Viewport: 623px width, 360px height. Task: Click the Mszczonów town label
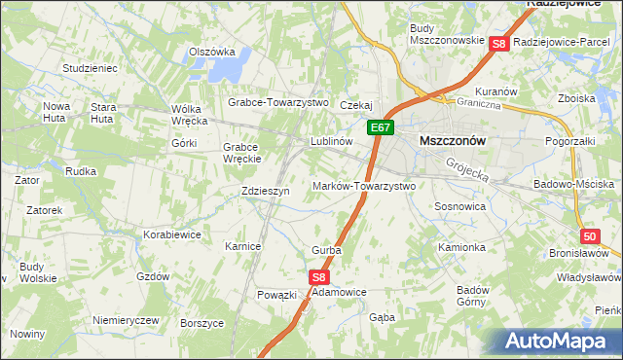[x=452, y=140]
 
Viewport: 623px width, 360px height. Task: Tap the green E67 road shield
[x=381, y=127]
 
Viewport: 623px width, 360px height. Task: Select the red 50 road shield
[x=590, y=236]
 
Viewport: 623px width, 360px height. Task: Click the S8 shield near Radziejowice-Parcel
[x=499, y=44]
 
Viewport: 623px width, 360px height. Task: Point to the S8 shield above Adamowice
[x=320, y=277]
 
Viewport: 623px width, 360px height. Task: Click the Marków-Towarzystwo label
[x=364, y=185]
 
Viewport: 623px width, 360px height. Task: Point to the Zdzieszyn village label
[x=266, y=192]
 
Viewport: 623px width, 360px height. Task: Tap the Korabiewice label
[x=172, y=234]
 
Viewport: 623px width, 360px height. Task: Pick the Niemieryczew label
[x=125, y=320]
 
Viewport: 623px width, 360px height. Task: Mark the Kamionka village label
[x=461, y=247]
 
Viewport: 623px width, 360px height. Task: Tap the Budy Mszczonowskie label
[x=448, y=34]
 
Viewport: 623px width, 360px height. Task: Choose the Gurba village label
[x=326, y=250]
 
